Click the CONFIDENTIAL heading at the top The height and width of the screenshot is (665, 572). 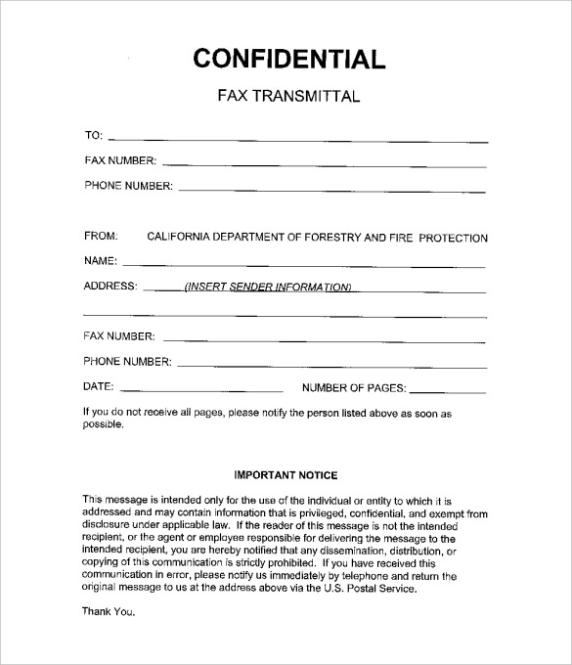tap(289, 58)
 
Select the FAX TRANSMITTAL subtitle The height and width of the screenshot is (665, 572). tap(288, 97)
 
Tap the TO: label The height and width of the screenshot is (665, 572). tap(94, 136)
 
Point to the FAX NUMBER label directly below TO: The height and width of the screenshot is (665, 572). tap(119, 160)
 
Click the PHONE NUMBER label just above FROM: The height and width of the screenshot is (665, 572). tap(127, 185)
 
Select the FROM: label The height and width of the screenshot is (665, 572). tap(101, 237)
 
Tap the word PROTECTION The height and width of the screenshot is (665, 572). tap(453, 238)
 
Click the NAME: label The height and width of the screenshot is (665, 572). tap(101, 261)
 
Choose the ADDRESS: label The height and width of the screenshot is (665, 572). tap(110, 288)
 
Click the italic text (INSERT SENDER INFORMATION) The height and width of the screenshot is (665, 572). tap(267, 288)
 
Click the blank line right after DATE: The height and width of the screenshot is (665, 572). tap(202, 390)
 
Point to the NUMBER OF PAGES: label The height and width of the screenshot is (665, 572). tap(354, 387)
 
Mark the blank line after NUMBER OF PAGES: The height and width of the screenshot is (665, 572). tap(449, 390)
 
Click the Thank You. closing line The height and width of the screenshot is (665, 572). tap(105, 611)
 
